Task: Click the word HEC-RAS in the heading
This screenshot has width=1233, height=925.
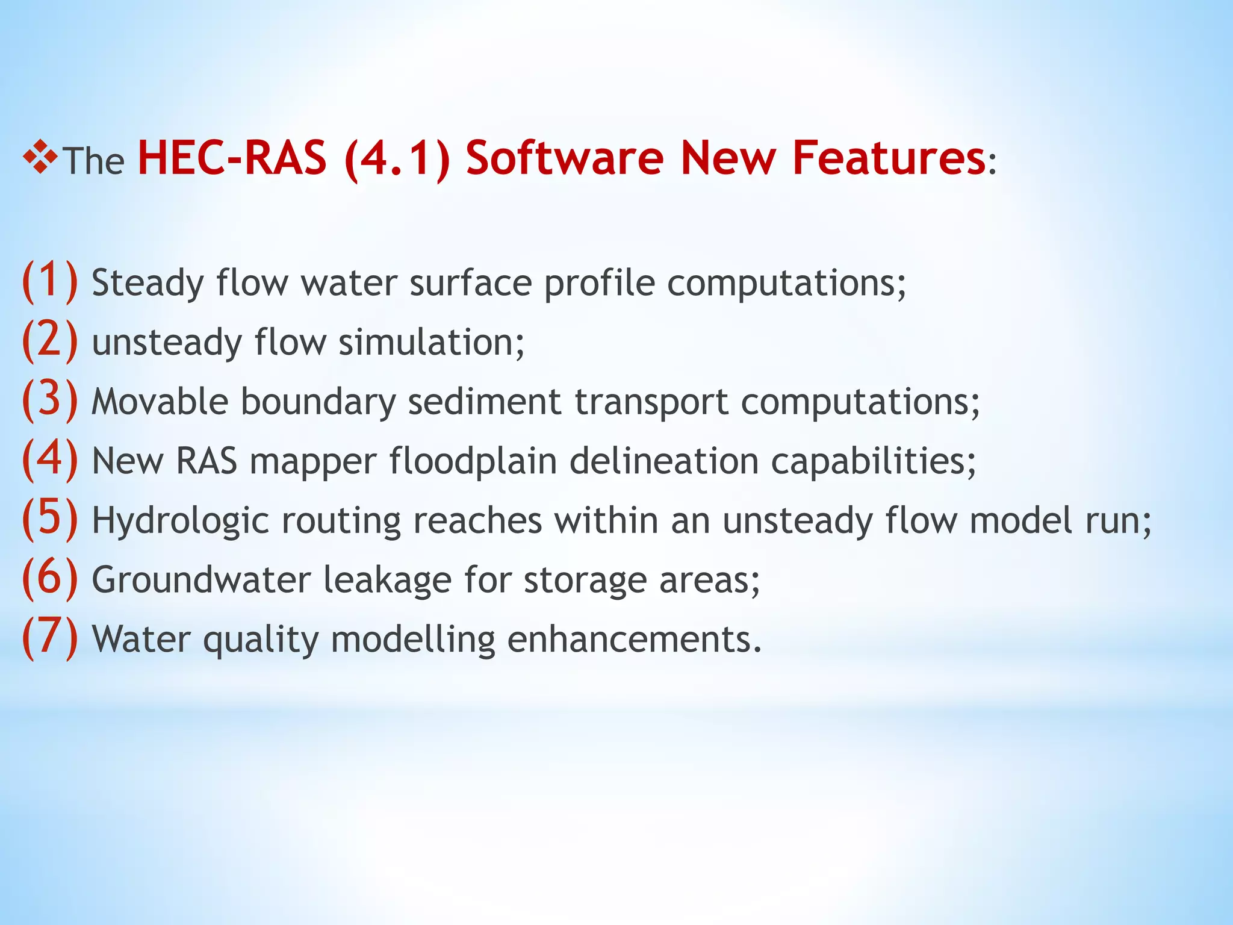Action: [x=232, y=158]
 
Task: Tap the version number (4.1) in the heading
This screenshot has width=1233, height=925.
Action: [x=397, y=158]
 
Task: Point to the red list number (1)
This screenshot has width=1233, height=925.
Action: [x=50, y=281]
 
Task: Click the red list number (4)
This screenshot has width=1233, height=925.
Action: [x=50, y=459]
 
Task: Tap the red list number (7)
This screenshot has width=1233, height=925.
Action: [x=50, y=637]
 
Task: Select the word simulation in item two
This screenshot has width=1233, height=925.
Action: [x=431, y=342]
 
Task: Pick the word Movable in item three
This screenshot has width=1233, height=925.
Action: [x=160, y=401]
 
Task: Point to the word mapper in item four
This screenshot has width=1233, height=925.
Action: [x=313, y=461]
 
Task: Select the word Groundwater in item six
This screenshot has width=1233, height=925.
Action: [x=201, y=579]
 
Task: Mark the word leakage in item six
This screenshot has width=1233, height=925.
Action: [x=387, y=579]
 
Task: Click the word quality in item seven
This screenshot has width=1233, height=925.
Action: [x=261, y=640]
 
